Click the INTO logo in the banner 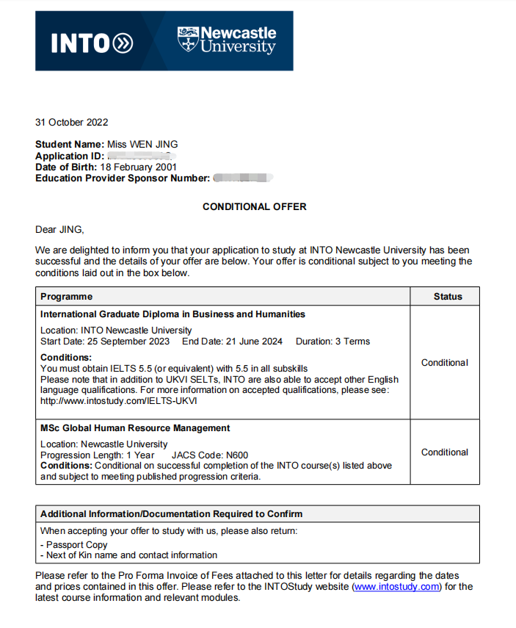pyautogui.click(x=92, y=43)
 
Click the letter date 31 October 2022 pyautogui.click(x=71, y=122)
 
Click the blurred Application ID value pyautogui.click(x=139, y=156)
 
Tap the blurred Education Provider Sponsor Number pyautogui.click(x=243, y=178)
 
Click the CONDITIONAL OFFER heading pyautogui.click(x=255, y=206)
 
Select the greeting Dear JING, pyautogui.click(x=59, y=229)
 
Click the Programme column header pyautogui.click(x=66, y=297)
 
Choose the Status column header pyautogui.click(x=448, y=297)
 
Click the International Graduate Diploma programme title pyautogui.click(x=172, y=314)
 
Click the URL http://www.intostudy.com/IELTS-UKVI pyautogui.click(x=119, y=401)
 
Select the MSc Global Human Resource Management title pyautogui.click(x=135, y=428)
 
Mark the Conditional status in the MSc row pyautogui.click(x=444, y=452)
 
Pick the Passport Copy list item pyautogui.click(x=76, y=545)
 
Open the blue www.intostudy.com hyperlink pyautogui.click(x=396, y=587)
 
